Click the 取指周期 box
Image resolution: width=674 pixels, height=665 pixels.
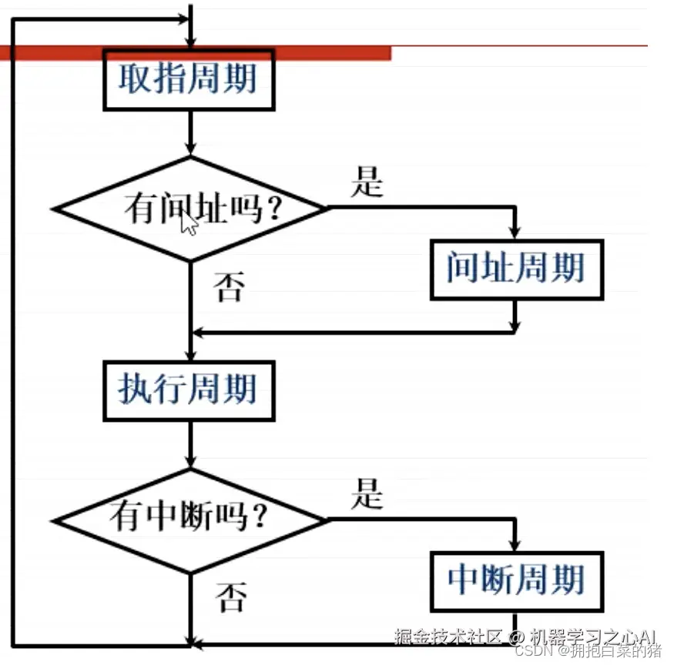tap(189, 80)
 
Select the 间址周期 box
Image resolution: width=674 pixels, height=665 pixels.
tap(516, 269)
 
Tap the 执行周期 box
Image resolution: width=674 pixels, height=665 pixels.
tap(189, 389)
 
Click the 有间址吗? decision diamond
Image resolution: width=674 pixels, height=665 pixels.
tap(189, 209)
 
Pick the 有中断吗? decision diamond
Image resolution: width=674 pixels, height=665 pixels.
tap(189, 519)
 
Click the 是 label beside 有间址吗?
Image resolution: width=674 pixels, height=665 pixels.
tap(367, 182)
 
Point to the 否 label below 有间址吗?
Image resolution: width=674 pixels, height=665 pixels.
tap(229, 288)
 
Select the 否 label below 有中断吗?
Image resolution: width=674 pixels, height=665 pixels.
tap(230, 596)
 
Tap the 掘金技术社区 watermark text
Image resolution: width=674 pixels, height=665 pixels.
tap(448, 636)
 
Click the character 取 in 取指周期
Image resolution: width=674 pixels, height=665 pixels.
tap(134, 79)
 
